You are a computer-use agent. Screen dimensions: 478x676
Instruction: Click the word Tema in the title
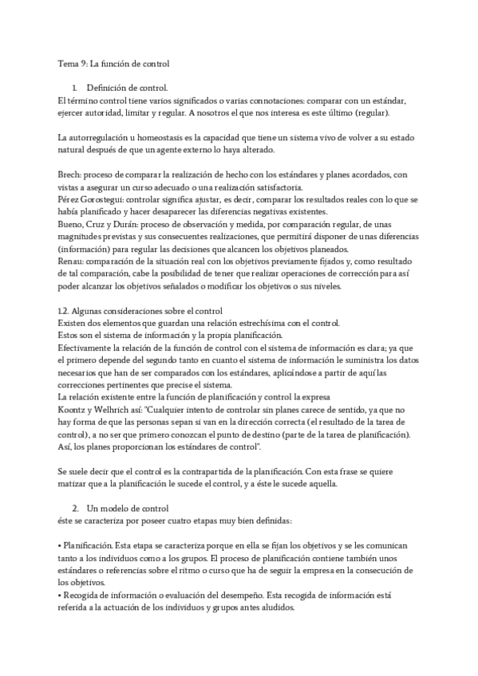68,63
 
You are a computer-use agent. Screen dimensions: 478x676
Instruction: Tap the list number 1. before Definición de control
73,87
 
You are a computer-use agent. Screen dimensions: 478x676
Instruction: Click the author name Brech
70,175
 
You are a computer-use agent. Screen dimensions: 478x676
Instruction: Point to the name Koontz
73,407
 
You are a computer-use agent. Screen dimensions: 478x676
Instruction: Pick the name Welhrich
123,407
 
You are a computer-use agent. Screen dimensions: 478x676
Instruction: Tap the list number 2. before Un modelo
74,507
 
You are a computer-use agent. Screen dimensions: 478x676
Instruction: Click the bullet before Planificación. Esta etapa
60,544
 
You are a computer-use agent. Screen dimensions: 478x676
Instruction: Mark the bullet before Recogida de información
60,594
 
